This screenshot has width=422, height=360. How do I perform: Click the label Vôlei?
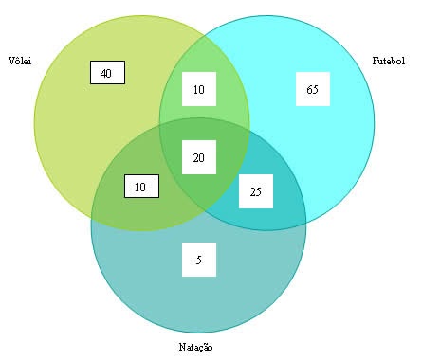coord(19,61)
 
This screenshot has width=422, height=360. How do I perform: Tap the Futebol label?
coord(388,61)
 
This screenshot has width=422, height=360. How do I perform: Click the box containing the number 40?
coord(106,73)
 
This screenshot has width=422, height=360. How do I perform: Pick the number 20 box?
coord(198,157)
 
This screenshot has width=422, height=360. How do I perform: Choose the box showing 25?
coord(255,192)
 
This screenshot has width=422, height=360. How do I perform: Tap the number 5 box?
coord(198,260)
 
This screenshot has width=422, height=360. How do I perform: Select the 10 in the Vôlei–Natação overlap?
coord(140,187)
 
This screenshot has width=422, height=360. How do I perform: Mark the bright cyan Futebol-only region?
coord(332,142)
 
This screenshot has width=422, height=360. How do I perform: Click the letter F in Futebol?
coord(376,61)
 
